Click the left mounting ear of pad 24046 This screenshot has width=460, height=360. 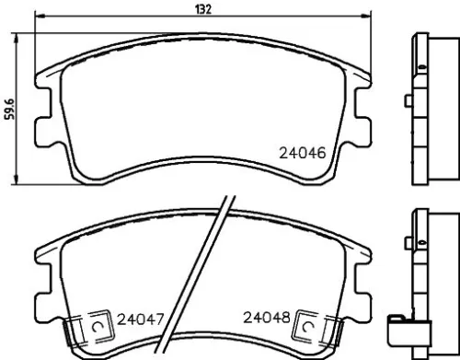pyautogui.click(x=42, y=129)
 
